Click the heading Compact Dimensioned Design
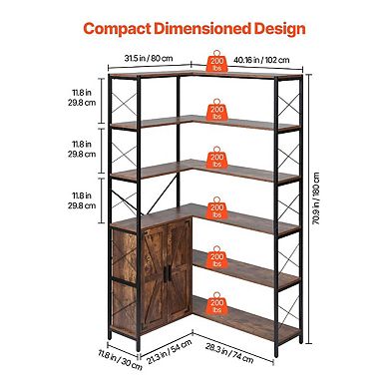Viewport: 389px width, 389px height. point(194,28)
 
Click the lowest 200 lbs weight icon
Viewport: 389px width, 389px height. point(215,304)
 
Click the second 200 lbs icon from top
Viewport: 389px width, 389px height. point(215,110)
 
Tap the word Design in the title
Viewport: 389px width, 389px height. point(278,28)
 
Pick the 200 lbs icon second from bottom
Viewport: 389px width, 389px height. point(215,259)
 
